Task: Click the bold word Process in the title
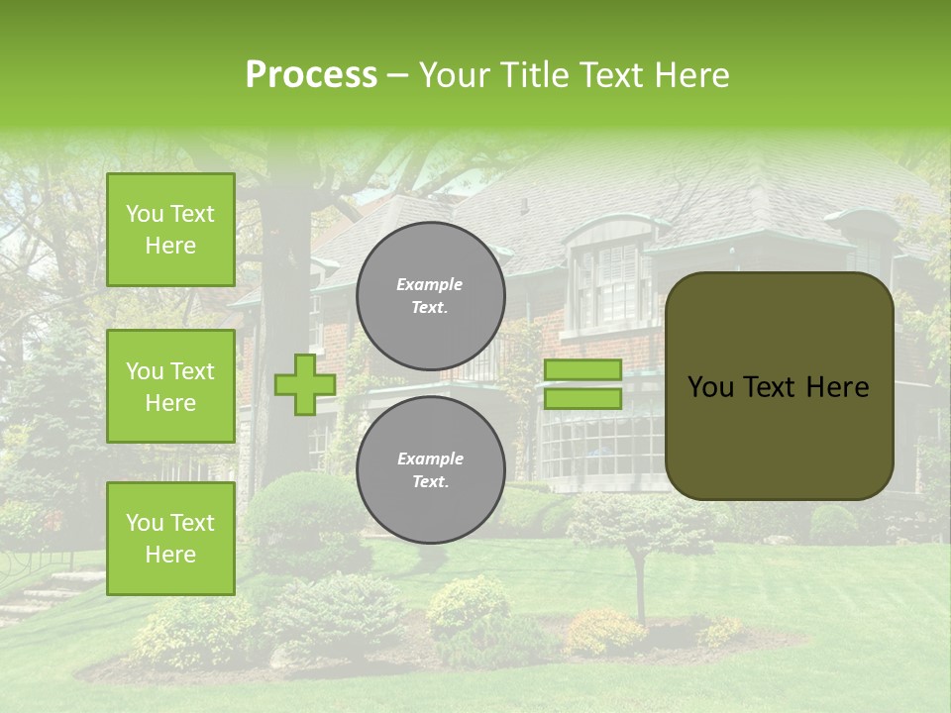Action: [x=311, y=75]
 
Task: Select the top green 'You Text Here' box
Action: [x=170, y=230]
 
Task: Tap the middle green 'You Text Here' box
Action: [x=170, y=386]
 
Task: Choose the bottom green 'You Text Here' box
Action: [x=170, y=538]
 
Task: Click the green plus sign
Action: [x=304, y=385]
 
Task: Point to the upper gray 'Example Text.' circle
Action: [x=430, y=295]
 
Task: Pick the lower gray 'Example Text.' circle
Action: [x=430, y=469]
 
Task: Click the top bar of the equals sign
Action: [x=582, y=370]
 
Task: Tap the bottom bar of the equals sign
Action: [x=582, y=399]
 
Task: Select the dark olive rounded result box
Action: [x=779, y=386]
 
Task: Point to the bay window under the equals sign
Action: [x=594, y=446]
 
